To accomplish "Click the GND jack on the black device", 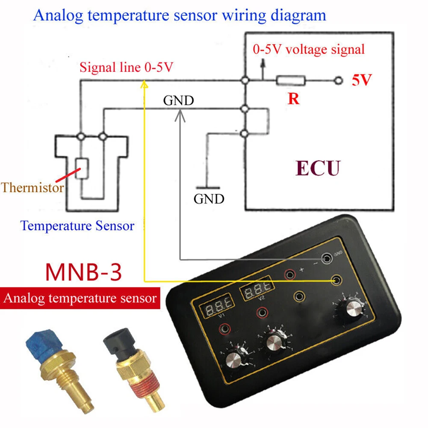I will (328, 258).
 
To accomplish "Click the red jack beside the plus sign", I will (290, 273).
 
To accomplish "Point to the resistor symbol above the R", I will (291, 80).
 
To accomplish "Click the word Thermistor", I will (32, 187).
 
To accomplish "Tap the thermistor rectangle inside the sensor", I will (82, 168).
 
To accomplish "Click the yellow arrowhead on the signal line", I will (145, 85).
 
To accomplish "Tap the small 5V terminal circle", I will (339, 80).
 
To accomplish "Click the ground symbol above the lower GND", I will (208, 187).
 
